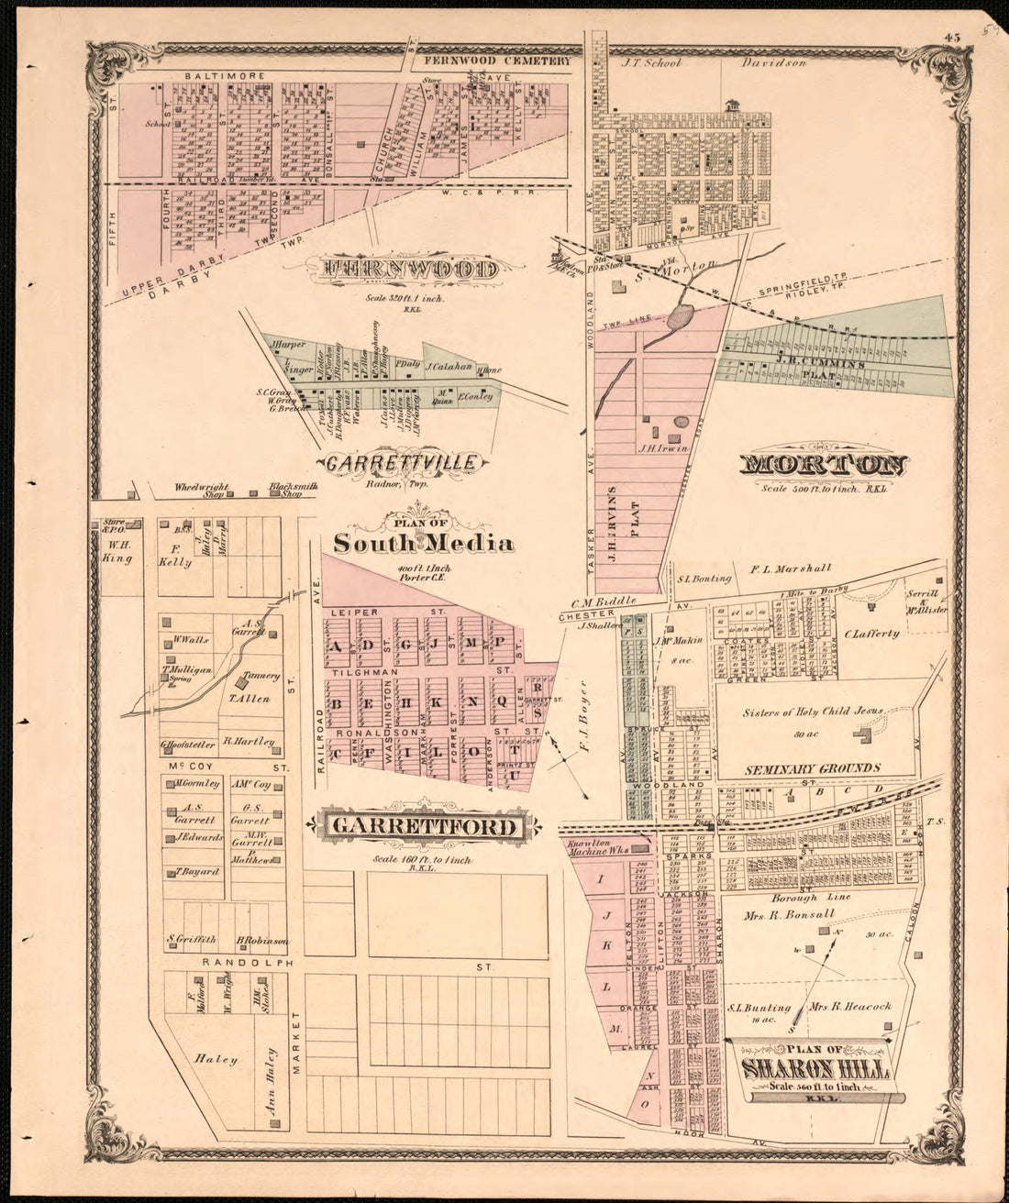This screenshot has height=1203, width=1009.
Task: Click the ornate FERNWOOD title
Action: pyautogui.click(x=409, y=270)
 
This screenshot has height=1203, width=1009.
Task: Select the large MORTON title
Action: pyautogui.click(x=823, y=466)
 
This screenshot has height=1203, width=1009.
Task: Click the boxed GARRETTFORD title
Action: pyautogui.click(x=423, y=827)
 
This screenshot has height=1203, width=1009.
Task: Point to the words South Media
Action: pyautogui.click(x=423, y=544)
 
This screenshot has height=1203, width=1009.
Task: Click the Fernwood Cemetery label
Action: pyautogui.click(x=497, y=61)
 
